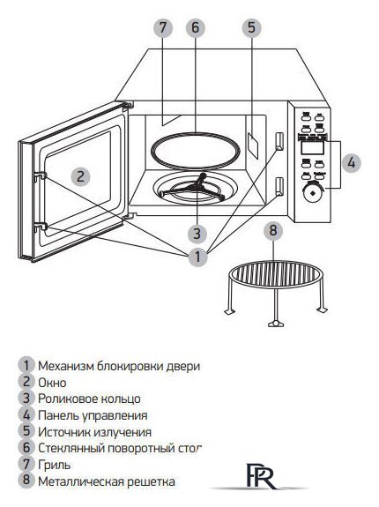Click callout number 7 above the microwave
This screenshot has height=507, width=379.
161,27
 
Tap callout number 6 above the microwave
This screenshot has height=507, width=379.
195,27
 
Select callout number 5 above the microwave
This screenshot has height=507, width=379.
252,27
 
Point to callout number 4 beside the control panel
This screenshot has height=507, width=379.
350,162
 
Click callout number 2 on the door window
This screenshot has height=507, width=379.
79,175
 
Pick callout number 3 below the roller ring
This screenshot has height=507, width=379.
197,234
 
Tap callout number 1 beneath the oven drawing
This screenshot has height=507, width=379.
199,257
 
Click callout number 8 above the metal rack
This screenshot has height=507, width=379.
274,232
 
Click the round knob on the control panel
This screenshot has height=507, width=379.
310,191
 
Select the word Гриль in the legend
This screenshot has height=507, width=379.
54,464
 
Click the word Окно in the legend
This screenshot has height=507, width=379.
54,382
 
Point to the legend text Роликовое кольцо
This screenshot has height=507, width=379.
88,399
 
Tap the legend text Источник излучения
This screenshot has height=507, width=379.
94,431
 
